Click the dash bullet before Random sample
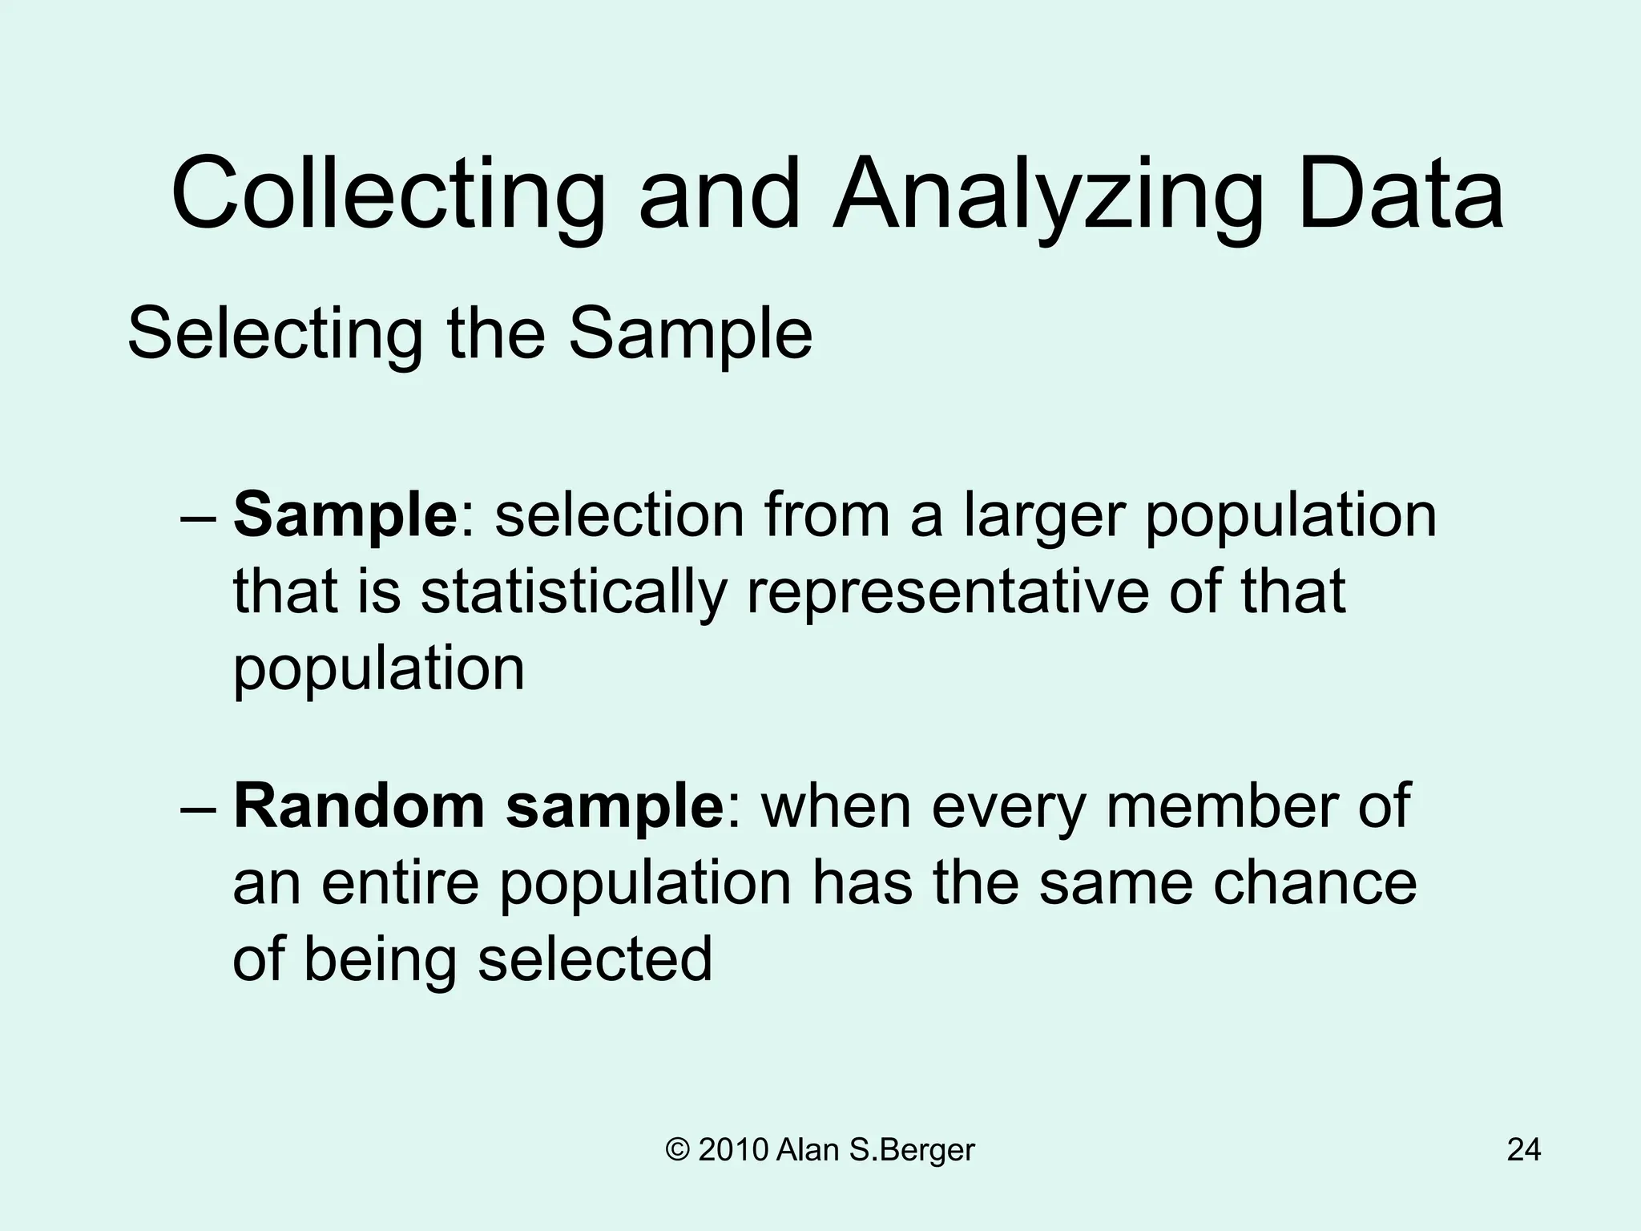(x=199, y=808)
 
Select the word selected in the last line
(x=595, y=959)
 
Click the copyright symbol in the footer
(x=677, y=1150)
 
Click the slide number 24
(x=1523, y=1150)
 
